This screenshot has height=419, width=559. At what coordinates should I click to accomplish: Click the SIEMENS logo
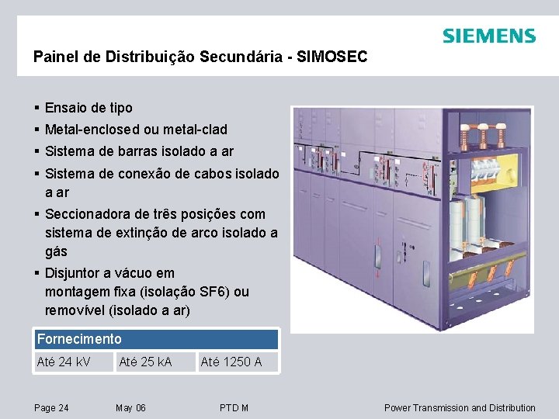coord(488,36)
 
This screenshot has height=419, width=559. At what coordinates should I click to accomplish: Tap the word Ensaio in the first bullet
coord(65,108)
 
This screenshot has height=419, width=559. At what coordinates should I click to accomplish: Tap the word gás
coord(56,251)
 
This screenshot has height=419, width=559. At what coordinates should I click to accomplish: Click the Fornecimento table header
coord(79,339)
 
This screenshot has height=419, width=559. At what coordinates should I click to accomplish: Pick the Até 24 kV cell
coord(63,362)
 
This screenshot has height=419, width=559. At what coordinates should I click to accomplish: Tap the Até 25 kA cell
coord(145,362)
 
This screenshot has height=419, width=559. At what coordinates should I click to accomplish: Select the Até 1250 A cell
coord(231,362)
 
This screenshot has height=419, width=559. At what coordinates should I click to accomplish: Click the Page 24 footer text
coord(51,408)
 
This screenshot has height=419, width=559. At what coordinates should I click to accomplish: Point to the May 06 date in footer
coord(130,408)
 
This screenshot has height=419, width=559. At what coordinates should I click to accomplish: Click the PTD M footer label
coord(234,408)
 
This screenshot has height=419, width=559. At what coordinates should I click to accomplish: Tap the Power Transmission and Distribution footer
coord(460,408)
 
